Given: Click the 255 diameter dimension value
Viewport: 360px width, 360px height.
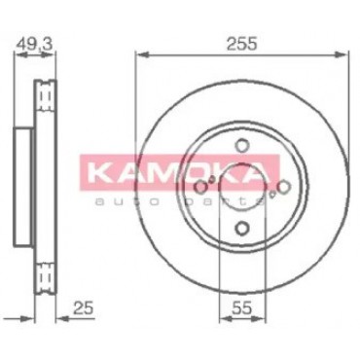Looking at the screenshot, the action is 241,44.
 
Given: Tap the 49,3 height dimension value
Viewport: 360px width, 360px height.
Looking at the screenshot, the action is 34,45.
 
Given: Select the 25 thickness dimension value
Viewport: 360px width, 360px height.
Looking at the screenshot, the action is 83,307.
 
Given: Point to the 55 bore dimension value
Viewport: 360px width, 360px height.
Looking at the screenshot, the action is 241,308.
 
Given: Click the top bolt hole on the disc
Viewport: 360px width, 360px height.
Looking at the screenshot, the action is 242,145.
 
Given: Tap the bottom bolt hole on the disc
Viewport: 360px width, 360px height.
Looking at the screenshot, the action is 242,228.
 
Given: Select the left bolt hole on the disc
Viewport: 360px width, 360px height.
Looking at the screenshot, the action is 202,187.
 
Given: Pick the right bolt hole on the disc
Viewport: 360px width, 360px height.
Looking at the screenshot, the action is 283,187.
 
